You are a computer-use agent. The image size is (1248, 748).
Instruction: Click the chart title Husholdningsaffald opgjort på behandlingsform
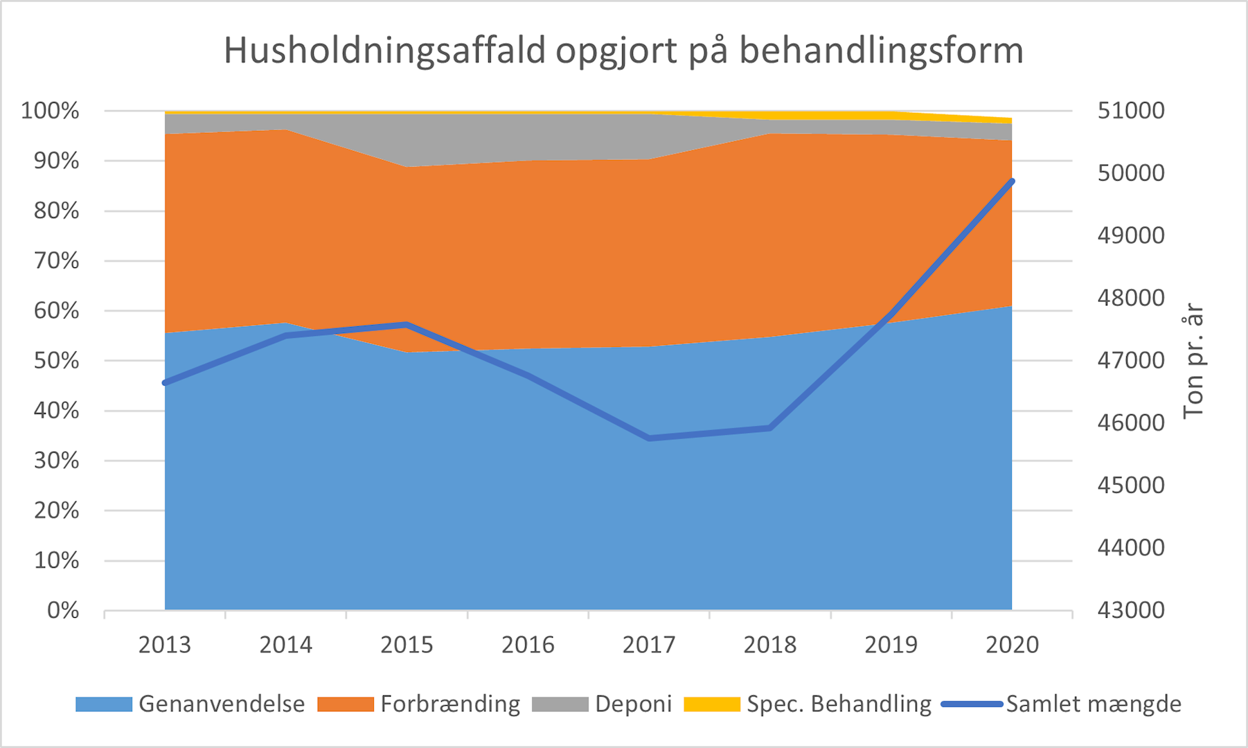(623, 51)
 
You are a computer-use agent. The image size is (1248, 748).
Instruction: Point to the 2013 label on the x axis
(164, 645)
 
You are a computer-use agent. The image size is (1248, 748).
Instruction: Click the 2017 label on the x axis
(649, 645)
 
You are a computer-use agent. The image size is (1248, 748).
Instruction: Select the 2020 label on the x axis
(1012, 645)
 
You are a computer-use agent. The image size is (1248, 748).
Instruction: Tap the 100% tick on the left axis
(50, 111)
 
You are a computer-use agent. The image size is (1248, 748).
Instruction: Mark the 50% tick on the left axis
(55, 361)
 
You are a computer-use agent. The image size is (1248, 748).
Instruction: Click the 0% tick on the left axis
(63, 611)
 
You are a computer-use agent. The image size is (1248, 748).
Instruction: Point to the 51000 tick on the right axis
(1131, 111)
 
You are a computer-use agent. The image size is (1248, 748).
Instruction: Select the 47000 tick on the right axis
(1131, 361)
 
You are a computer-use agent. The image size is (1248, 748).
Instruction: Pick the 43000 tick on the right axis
(1131, 611)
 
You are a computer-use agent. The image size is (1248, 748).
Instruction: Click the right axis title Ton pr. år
(1193, 361)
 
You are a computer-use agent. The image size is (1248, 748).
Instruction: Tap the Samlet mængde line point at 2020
(1012, 181)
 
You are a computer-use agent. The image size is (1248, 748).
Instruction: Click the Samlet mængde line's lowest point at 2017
(649, 438)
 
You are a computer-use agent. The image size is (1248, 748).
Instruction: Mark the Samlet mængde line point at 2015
(407, 324)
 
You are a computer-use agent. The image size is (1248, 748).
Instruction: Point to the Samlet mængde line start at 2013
(165, 383)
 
